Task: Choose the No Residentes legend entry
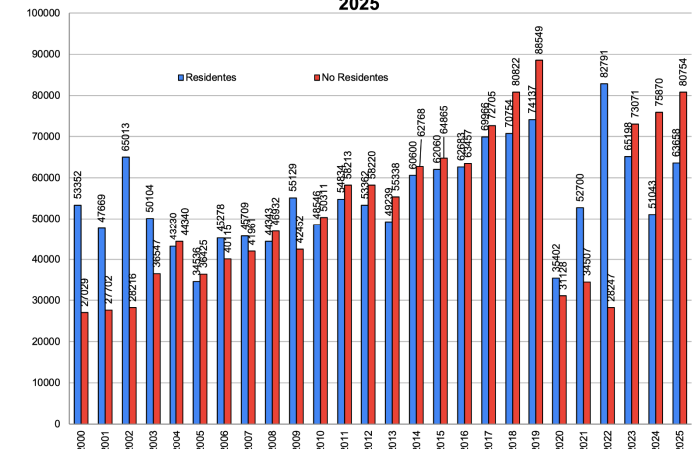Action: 349,77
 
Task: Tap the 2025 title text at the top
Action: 359,6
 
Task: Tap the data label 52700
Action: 580,189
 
